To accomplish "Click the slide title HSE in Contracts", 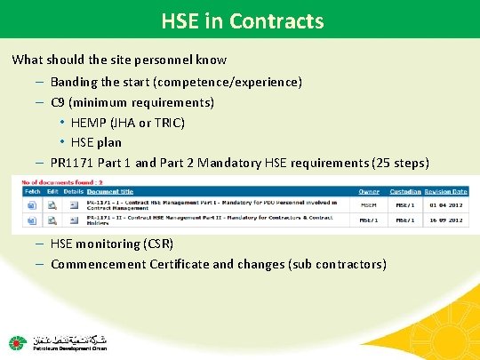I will [243, 20].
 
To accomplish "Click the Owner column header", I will [369, 191].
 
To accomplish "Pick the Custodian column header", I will [406, 191].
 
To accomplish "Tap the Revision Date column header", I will [447, 191].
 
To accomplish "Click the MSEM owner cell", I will [369, 204].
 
